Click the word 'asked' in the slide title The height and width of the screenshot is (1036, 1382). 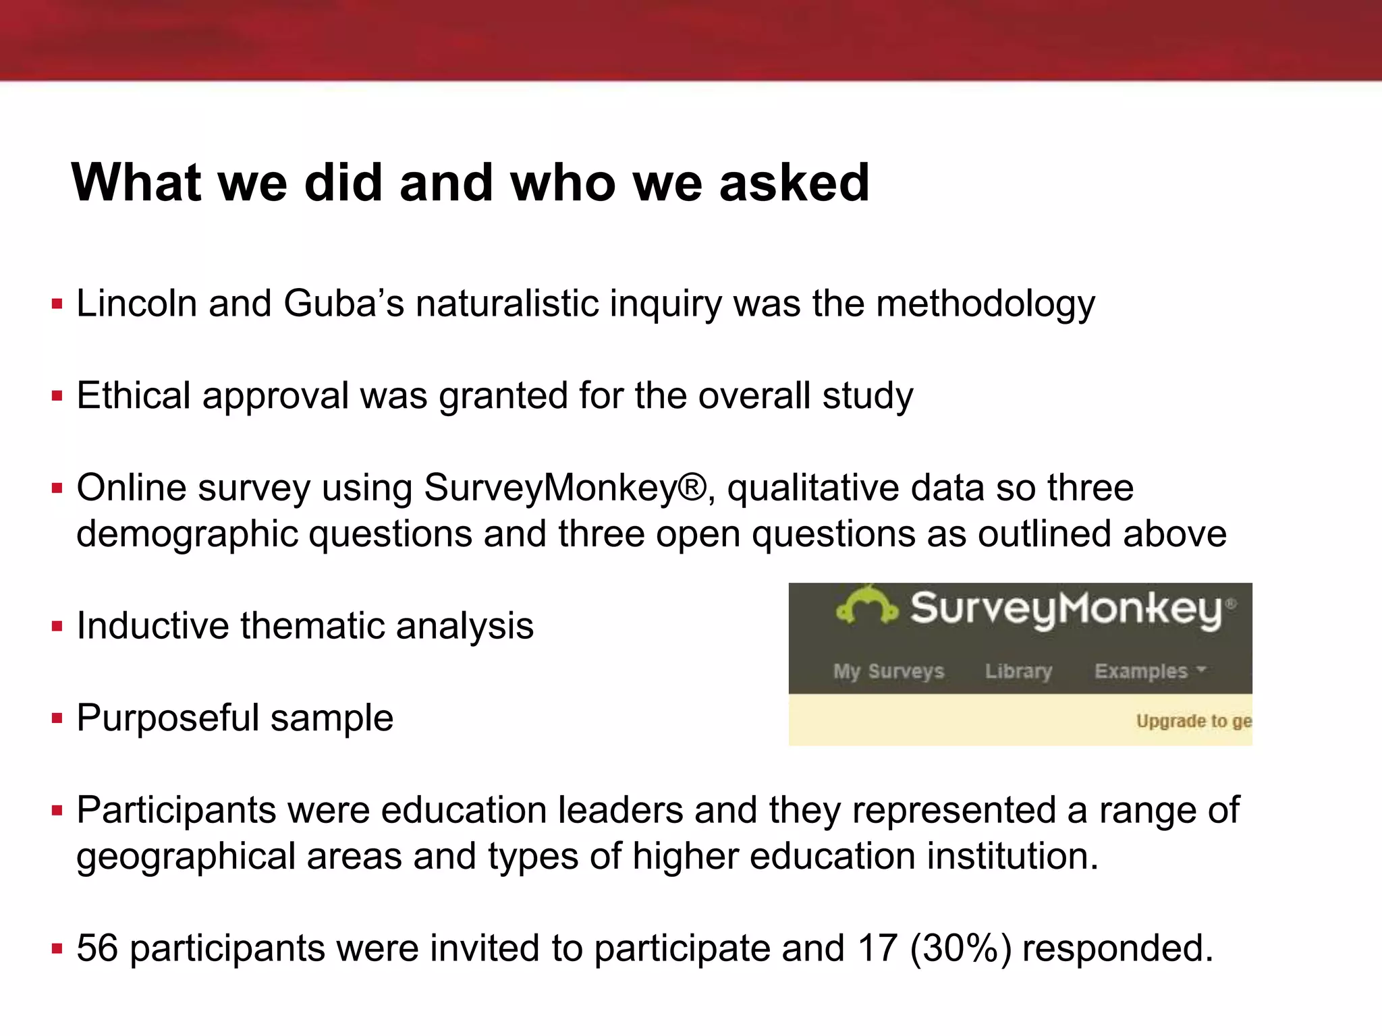click(794, 183)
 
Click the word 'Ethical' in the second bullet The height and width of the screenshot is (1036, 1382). click(133, 395)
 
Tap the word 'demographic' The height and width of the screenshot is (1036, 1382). click(187, 535)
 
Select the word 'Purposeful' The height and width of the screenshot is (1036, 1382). click(168, 718)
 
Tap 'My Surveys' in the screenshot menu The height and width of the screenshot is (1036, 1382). click(888, 671)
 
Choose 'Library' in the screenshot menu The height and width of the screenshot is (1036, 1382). click(1018, 671)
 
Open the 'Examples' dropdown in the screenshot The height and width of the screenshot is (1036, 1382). click(1149, 671)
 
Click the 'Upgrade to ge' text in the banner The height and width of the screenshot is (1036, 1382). click(1193, 721)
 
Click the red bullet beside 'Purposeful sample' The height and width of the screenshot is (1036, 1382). click(57, 718)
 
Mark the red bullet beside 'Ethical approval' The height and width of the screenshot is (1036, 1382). click(57, 396)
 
